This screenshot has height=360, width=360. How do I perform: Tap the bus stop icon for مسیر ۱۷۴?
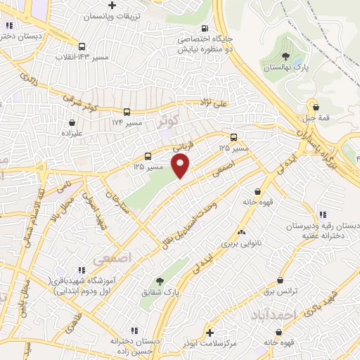pyautogui.click(x=127, y=112)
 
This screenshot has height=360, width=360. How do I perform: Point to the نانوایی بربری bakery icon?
pyautogui.click(x=242, y=231)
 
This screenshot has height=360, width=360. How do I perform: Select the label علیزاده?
pyautogui.click(x=72, y=131)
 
